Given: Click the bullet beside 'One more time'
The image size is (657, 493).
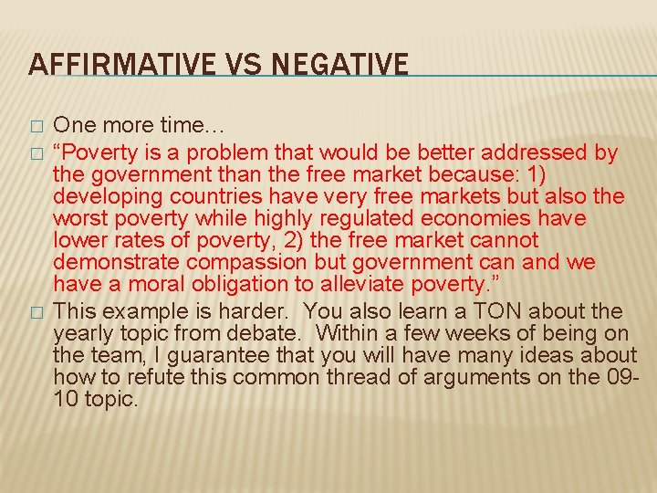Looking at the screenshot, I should (x=36, y=124).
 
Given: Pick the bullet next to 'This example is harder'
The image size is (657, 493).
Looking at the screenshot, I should (x=36, y=312).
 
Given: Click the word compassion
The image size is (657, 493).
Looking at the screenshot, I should (x=249, y=263).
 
